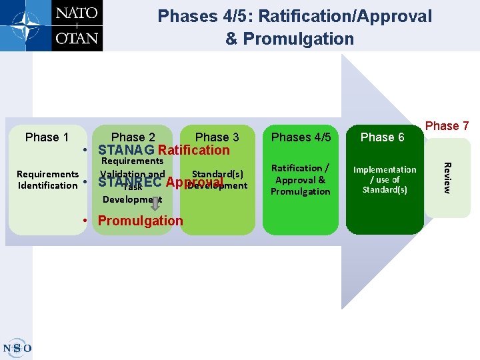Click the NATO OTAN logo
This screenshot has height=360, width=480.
pos(51,25)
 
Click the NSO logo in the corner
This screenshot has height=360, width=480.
pos(17,347)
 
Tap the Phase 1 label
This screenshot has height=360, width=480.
pos(47,137)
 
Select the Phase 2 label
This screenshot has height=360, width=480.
pos(133,137)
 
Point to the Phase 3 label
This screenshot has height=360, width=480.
pos(217,137)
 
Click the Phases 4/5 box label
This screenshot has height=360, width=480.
pos(301,137)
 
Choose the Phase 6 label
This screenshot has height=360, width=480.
pos(382,137)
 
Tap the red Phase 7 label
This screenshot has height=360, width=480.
pos(447,126)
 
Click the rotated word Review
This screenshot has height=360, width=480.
pos(447,178)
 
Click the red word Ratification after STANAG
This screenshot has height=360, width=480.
pos(194,150)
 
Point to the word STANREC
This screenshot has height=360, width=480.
pos(129,183)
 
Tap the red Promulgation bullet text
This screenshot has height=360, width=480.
pos(140,221)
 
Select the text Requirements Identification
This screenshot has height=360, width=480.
pos(47,180)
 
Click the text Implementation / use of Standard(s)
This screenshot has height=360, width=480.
pos(385,180)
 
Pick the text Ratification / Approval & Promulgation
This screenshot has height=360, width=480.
pos(301,180)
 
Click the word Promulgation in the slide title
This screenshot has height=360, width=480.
pos(299,39)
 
